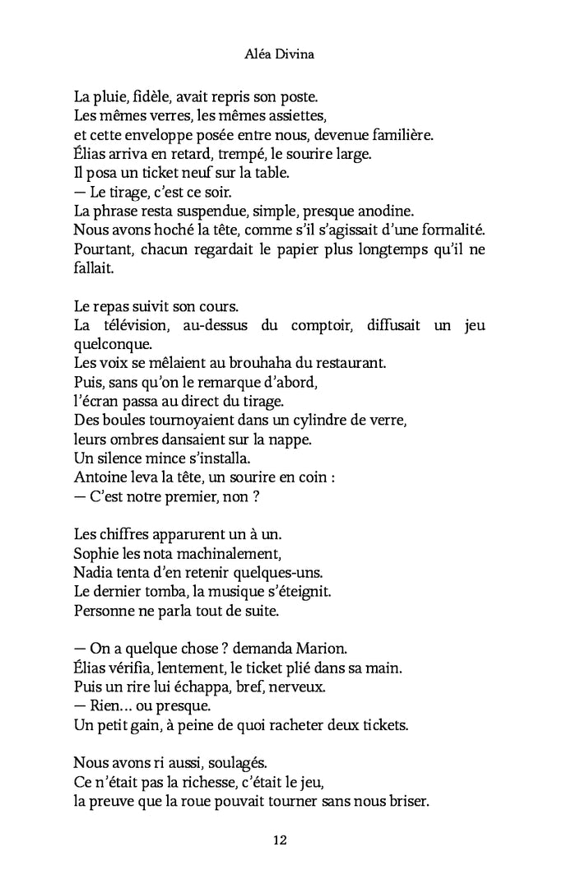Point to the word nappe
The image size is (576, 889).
pos(291,439)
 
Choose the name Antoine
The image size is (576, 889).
pos(101,477)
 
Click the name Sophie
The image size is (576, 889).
pos(95,552)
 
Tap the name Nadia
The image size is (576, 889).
pos(92,571)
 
